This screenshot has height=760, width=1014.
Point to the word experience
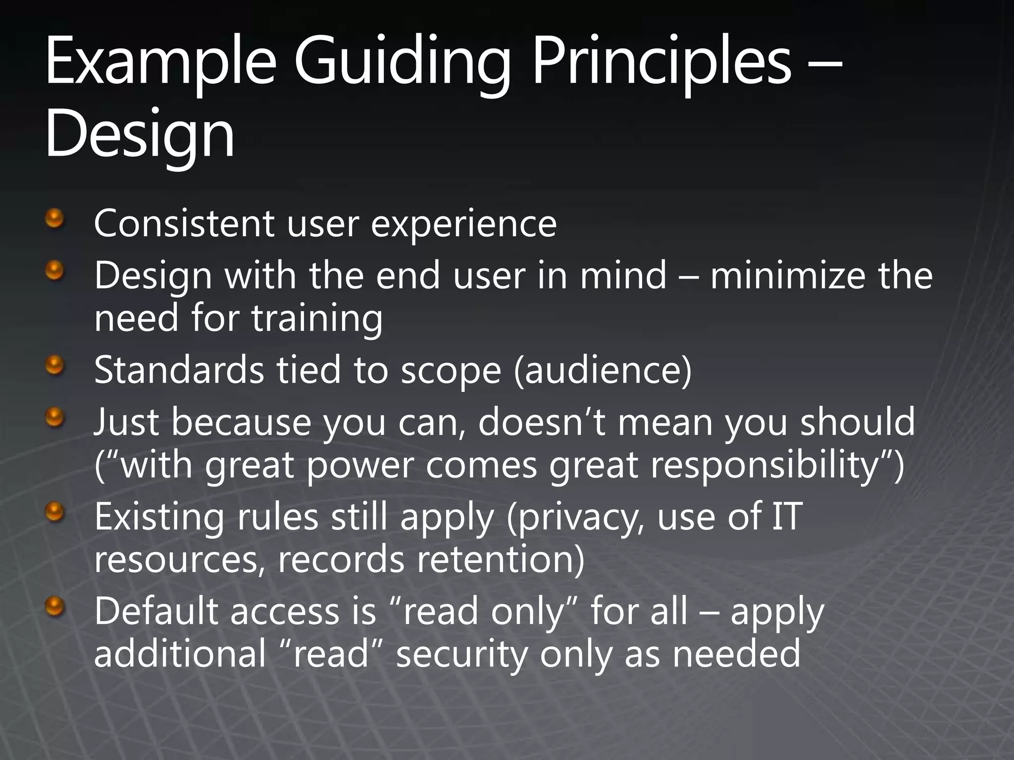point(464,224)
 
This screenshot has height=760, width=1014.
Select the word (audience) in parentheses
point(603,371)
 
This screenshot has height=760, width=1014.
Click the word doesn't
point(542,422)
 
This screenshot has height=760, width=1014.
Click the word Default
point(156,612)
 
